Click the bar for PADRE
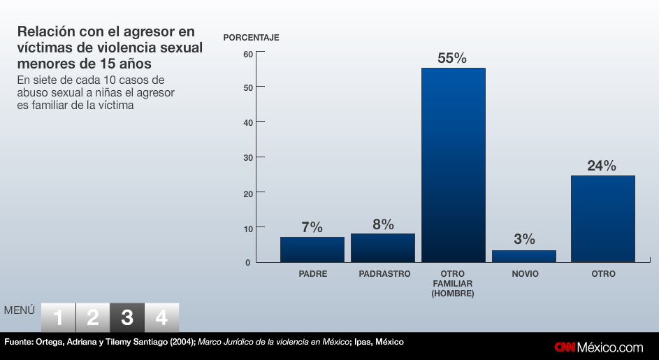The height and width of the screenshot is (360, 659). click(312, 250)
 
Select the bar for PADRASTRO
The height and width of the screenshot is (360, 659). click(383, 248)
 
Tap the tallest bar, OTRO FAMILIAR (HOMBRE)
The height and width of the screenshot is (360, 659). click(453, 165)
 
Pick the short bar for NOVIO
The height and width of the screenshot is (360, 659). click(524, 256)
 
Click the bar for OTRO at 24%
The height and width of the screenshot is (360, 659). click(603, 219)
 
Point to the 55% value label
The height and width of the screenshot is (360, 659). click(452, 59)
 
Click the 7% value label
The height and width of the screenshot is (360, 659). click(312, 228)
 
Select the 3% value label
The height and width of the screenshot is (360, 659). click(524, 240)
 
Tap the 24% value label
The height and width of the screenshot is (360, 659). click(602, 166)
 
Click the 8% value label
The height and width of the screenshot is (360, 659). click(383, 224)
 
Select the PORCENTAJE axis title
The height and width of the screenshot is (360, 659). click(251, 38)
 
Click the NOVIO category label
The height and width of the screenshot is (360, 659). click(524, 274)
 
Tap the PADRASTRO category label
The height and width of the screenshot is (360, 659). click(384, 274)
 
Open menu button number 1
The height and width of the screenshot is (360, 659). click(58, 318)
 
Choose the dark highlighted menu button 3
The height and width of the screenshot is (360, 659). click(127, 318)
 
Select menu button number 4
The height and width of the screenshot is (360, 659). click(161, 318)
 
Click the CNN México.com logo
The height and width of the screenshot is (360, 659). click(599, 347)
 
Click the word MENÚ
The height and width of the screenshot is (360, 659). click(20, 310)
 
